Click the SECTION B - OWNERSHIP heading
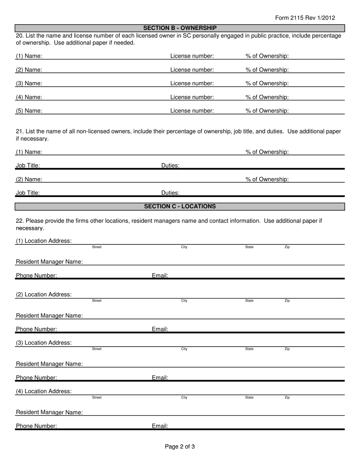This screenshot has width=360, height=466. (x=180, y=28)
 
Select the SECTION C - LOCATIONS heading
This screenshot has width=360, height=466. (x=180, y=206)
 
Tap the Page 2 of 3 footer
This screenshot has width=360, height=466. (x=180, y=447)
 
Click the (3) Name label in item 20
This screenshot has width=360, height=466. (x=29, y=83)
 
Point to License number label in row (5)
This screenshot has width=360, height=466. (x=192, y=111)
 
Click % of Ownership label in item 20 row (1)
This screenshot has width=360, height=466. (x=267, y=56)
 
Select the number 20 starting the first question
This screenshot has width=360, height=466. (x=19, y=36)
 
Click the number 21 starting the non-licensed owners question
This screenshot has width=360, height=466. (x=19, y=131)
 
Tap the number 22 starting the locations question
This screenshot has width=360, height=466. (x=19, y=221)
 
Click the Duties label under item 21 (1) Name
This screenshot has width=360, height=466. (x=171, y=166)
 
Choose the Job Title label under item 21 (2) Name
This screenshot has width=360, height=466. (x=28, y=193)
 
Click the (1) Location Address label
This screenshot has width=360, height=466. (x=44, y=241)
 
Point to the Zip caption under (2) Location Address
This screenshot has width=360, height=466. (x=287, y=301)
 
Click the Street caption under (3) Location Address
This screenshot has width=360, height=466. (x=97, y=349)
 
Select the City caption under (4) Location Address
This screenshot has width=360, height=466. (x=184, y=397)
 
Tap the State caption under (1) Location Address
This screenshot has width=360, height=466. (x=249, y=247)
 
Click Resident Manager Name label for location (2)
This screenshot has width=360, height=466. (x=49, y=316)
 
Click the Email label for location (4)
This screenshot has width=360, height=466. (x=160, y=426)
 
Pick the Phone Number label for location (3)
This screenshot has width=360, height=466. (x=36, y=378)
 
